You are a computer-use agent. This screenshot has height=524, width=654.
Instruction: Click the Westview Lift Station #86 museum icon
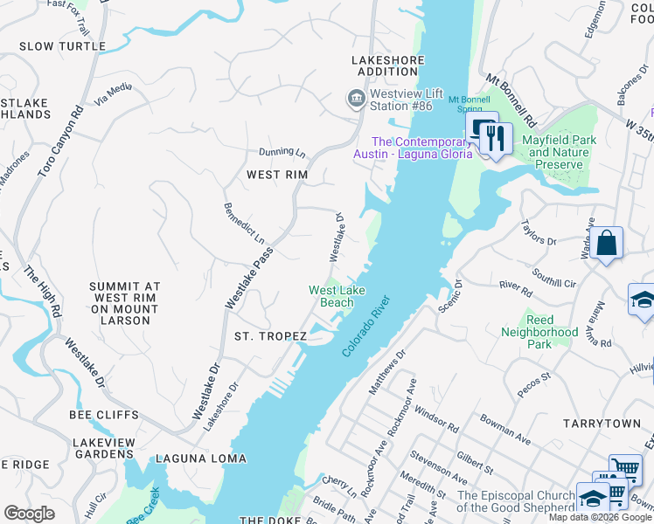tap(356, 99)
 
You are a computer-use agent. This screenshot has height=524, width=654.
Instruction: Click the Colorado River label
tap(365, 325)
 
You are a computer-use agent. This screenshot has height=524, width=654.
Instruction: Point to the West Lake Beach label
tap(336, 296)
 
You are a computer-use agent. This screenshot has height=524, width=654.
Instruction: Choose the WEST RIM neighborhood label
tap(276, 175)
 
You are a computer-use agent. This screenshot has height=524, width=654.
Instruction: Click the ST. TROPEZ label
tap(270, 336)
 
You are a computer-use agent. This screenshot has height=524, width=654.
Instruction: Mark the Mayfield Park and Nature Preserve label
tap(564, 152)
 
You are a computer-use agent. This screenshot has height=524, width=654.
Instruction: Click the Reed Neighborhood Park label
tap(539, 338)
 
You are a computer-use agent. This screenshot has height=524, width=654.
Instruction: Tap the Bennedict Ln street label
tap(244, 223)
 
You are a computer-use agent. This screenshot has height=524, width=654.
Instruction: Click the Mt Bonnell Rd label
tap(511, 100)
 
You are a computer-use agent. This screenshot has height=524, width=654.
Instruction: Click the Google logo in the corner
tap(29, 513)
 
